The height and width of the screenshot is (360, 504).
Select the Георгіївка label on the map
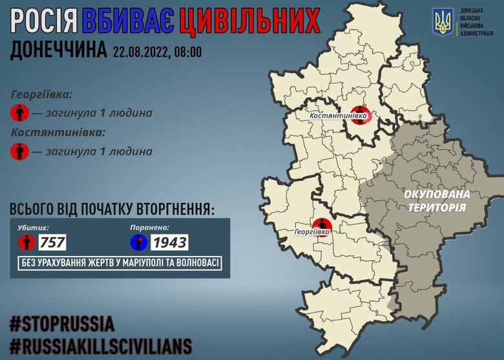312,231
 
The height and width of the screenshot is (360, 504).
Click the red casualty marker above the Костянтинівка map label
359,113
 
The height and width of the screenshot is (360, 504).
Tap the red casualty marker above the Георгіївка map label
320,224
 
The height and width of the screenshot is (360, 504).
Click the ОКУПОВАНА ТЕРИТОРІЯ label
437,200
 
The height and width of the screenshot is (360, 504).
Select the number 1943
169,243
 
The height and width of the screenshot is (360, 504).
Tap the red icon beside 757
26,242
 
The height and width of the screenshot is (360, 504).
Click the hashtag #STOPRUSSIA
62,323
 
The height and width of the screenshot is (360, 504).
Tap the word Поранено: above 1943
150,228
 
